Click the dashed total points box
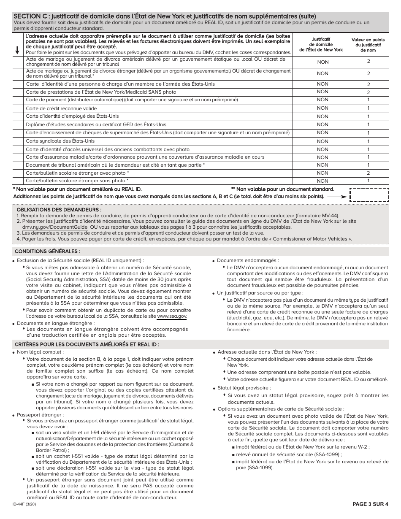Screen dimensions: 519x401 (x=369, y=195)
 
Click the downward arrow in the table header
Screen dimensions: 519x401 (x=17, y=49)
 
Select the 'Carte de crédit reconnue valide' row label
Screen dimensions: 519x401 (x=61, y=108)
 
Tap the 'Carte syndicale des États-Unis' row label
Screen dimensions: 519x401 (x=60, y=141)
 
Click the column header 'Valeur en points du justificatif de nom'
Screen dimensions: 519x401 (x=368, y=45)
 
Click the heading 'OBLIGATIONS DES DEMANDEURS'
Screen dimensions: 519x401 (x=59, y=210)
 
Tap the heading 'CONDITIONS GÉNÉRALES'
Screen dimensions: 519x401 (x=48, y=251)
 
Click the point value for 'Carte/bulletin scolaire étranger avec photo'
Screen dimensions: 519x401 (x=368, y=173)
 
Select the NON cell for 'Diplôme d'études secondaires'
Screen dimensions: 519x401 (x=322, y=124)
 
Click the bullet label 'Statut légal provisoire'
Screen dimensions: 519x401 (x=244, y=388)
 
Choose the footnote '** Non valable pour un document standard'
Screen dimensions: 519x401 (x=282, y=189)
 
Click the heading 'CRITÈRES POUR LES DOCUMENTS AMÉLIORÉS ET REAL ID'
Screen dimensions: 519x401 (x=87, y=344)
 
